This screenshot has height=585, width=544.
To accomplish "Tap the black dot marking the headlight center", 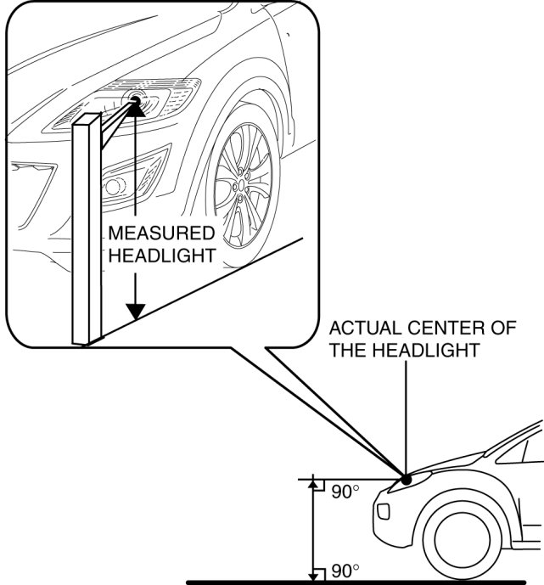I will tap(407, 480).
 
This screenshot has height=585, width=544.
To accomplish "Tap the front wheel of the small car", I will tap(463, 541).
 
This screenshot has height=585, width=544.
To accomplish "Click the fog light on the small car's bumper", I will tap(384, 511).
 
